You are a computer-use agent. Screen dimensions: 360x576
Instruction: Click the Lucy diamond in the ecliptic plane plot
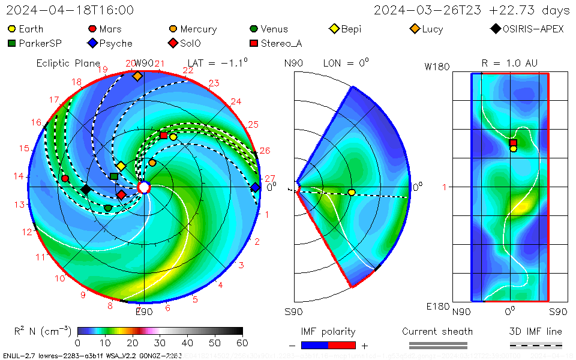pyautogui.click(x=137, y=76)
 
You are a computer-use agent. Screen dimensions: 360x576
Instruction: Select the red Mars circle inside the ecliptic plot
pyautogui.click(x=65, y=178)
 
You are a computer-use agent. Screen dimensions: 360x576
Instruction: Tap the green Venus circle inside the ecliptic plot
pyautogui.click(x=108, y=208)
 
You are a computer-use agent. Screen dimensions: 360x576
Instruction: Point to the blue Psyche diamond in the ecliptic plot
pyautogui.click(x=255, y=187)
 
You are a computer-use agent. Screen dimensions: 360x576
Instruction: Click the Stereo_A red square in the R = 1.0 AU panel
pyautogui.click(x=513, y=142)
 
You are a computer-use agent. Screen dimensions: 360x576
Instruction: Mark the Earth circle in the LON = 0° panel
pyautogui.click(x=352, y=192)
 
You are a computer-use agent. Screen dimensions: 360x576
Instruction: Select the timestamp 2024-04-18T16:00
pyautogui.click(x=71, y=10)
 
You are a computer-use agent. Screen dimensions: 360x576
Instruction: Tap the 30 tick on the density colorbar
pyautogui.click(x=160, y=343)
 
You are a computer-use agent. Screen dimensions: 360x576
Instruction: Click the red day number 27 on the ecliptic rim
pyautogui.click(x=269, y=178)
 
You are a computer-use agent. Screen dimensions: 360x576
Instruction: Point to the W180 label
pyautogui.click(x=437, y=67)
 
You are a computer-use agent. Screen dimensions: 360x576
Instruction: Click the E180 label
pyautogui.click(x=437, y=307)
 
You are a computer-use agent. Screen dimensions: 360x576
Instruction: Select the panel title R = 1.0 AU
pyautogui.click(x=509, y=63)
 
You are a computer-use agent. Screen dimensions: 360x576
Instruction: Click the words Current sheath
pyautogui.click(x=437, y=331)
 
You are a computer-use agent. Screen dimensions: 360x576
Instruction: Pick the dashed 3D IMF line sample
pyautogui.click(x=536, y=345)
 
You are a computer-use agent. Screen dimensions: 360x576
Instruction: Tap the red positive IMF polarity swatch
pyautogui.click(x=342, y=345)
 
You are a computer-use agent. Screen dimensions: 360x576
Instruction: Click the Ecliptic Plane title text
pyautogui.click(x=68, y=63)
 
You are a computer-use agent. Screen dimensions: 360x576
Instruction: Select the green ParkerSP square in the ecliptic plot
pyautogui.click(x=114, y=176)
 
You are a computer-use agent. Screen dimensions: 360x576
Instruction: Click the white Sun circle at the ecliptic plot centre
pyautogui.click(x=143, y=188)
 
